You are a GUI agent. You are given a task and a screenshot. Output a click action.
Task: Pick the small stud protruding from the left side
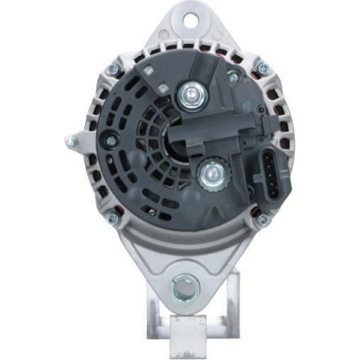pyautogui.click(x=70, y=142)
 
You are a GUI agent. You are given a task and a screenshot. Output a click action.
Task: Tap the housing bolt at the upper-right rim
pyautogui.click(x=262, y=66)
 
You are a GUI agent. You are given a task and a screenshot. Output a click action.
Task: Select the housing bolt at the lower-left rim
pyautogui.click(x=111, y=221)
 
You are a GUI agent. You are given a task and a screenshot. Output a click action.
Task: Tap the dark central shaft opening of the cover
pyautogui.click(x=180, y=140)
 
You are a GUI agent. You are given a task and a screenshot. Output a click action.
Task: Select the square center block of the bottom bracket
pyautogui.click(x=183, y=326)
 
